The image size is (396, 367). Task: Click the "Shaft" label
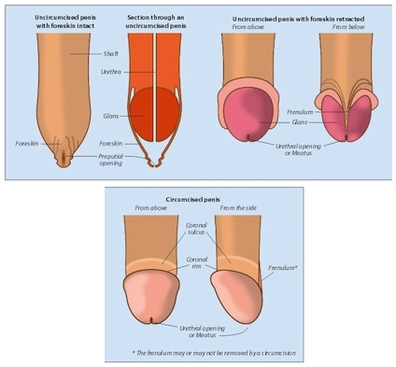[110, 54]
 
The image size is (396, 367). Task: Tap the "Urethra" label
[108, 72]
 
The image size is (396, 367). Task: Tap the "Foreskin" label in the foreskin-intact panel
[26, 144]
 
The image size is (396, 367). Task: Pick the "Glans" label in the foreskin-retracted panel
[299, 122]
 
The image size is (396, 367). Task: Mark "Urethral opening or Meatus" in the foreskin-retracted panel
[298, 149]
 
